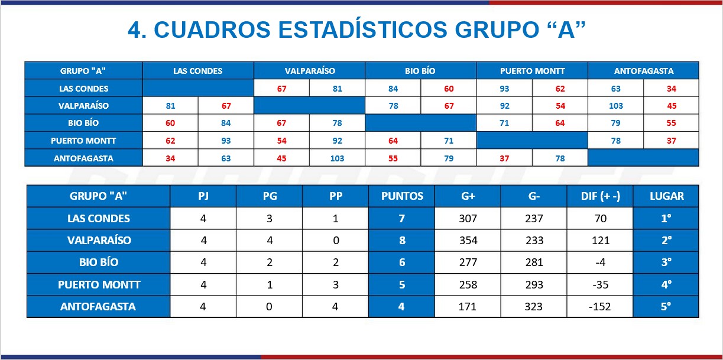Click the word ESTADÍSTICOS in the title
click(x=362, y=30)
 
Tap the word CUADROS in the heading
click(x=212, y=30)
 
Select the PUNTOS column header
click(x=402, y=196)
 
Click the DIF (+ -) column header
click(x=601, y=196)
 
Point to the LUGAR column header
click(x=666, y=196)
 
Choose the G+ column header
click(x=468, y=196)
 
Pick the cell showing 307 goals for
click(x=468, y=219)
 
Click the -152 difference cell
click(x=599, y=306)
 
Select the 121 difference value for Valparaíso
click(x=601, y=241)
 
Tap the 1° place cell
click(x=666, y=219)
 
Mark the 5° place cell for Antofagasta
click(x=666, y=306)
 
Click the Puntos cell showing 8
click(x=402, y=241)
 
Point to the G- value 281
click(x=534, y=262)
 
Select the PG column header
click(x=270, y=196)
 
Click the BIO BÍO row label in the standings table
click(x=99, y=262)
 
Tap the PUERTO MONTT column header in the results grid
click(x=532, y=71)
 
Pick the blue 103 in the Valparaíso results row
click(x=615, y=106)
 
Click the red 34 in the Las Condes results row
click(x=672, y=89)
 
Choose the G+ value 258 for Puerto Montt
click(x=468, y=285)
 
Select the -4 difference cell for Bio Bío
click(x=601, y=262)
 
